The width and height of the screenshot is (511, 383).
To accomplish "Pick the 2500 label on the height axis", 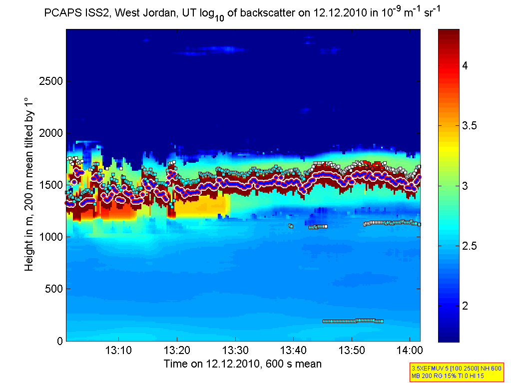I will [51, 81].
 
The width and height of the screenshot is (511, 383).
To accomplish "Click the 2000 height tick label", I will [51, 133].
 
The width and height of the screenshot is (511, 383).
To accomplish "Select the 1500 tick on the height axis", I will [51, 185].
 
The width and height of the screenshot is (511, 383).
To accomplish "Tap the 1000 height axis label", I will [51, 237].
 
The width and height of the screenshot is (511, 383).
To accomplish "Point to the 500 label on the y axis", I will [53, 289].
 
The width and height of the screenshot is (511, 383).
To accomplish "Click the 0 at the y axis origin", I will [59, 341].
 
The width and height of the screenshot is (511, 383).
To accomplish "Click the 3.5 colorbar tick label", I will [469, 126].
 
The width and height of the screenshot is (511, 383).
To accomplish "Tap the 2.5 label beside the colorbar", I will [469, 246].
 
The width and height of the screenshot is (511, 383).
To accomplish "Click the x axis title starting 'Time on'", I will [242, 364].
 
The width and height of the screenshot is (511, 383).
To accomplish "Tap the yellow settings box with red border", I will [456, 372].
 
